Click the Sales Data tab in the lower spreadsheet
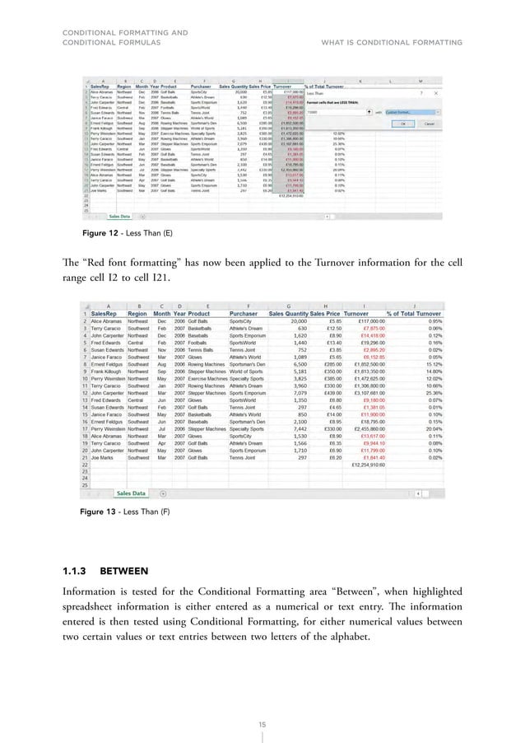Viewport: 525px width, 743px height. [130, 493]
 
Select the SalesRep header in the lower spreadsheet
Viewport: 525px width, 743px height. [109, 313]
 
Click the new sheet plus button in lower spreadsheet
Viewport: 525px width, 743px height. [162, 493]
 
